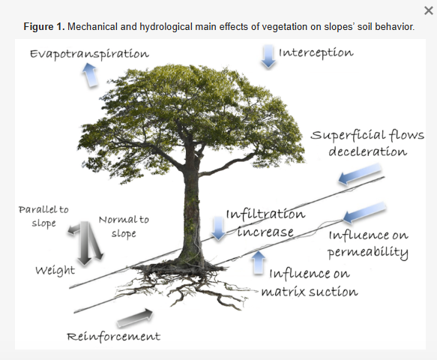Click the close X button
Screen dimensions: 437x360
tap(428, 11)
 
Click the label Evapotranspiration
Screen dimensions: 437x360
tap(89, 54)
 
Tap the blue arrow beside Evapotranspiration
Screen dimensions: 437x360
tap(90, 74)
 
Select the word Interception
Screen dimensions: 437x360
tap(316, 52)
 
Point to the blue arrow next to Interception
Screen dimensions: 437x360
tap(268, 56)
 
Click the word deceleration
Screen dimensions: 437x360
tap(367, 151)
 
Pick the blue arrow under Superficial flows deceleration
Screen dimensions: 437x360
tap(360, 174)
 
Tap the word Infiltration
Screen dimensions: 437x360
tap(265, 214)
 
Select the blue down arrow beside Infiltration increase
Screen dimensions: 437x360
tap(218, 228)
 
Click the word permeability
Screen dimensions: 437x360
tap(367, 253)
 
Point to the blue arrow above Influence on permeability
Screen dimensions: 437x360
tap(364, 212)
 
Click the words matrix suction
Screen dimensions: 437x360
tap(310, 292)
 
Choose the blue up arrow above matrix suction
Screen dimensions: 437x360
tap(259, 262)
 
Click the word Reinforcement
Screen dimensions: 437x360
tap(113, 336)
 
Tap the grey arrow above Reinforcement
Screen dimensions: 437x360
tap(135, 317)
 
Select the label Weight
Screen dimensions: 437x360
tap(55, 271)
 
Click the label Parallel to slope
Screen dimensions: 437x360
tap(43, 217)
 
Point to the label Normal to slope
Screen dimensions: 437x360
tap(124, 226)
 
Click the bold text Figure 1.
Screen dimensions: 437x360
tap(44, 27)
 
